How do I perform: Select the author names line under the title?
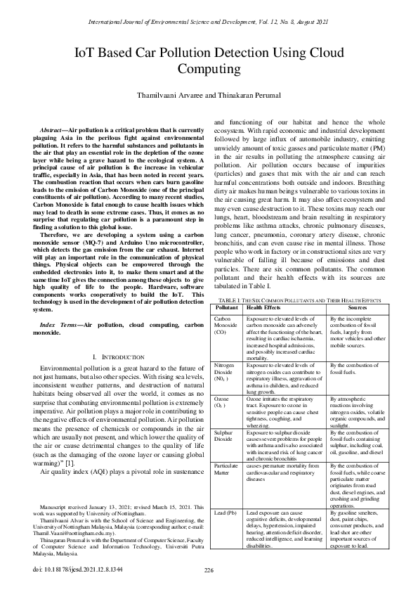[x=209, y=94]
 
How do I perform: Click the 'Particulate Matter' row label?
[x=226, y=451]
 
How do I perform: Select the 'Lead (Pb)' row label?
[x=225, y=494]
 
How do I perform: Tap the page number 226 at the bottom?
[x=209, y=570]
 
